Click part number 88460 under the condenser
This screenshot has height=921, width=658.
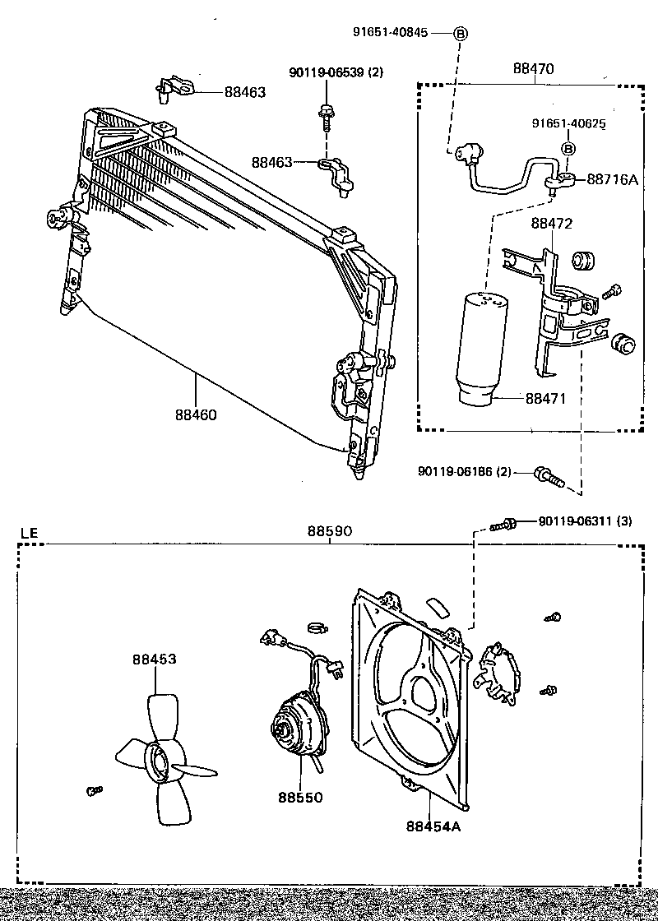point(196,414)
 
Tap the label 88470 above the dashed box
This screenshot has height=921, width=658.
point(534,68)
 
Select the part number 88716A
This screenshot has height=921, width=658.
point(612,179)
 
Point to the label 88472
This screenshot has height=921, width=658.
point(552,223)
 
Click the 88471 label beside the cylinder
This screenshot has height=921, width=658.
point(546,398)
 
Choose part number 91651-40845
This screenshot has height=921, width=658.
point(390,32)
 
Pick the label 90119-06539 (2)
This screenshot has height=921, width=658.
point(336,72)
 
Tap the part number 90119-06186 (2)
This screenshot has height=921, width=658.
point(465,472)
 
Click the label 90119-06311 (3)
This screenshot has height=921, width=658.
point(585,521)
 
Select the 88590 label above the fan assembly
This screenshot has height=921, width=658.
point(330,531)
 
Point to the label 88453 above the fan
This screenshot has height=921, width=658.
point(155,659)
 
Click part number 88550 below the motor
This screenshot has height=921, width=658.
point(300,797)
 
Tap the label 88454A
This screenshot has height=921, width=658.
point(433,826)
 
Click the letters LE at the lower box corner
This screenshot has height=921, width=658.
point(29,533)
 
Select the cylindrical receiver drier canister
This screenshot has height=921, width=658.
point(483,349)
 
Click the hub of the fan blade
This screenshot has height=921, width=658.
point(161,761)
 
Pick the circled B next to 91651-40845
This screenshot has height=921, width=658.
point(461,33)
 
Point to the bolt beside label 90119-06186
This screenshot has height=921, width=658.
point(549,476)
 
